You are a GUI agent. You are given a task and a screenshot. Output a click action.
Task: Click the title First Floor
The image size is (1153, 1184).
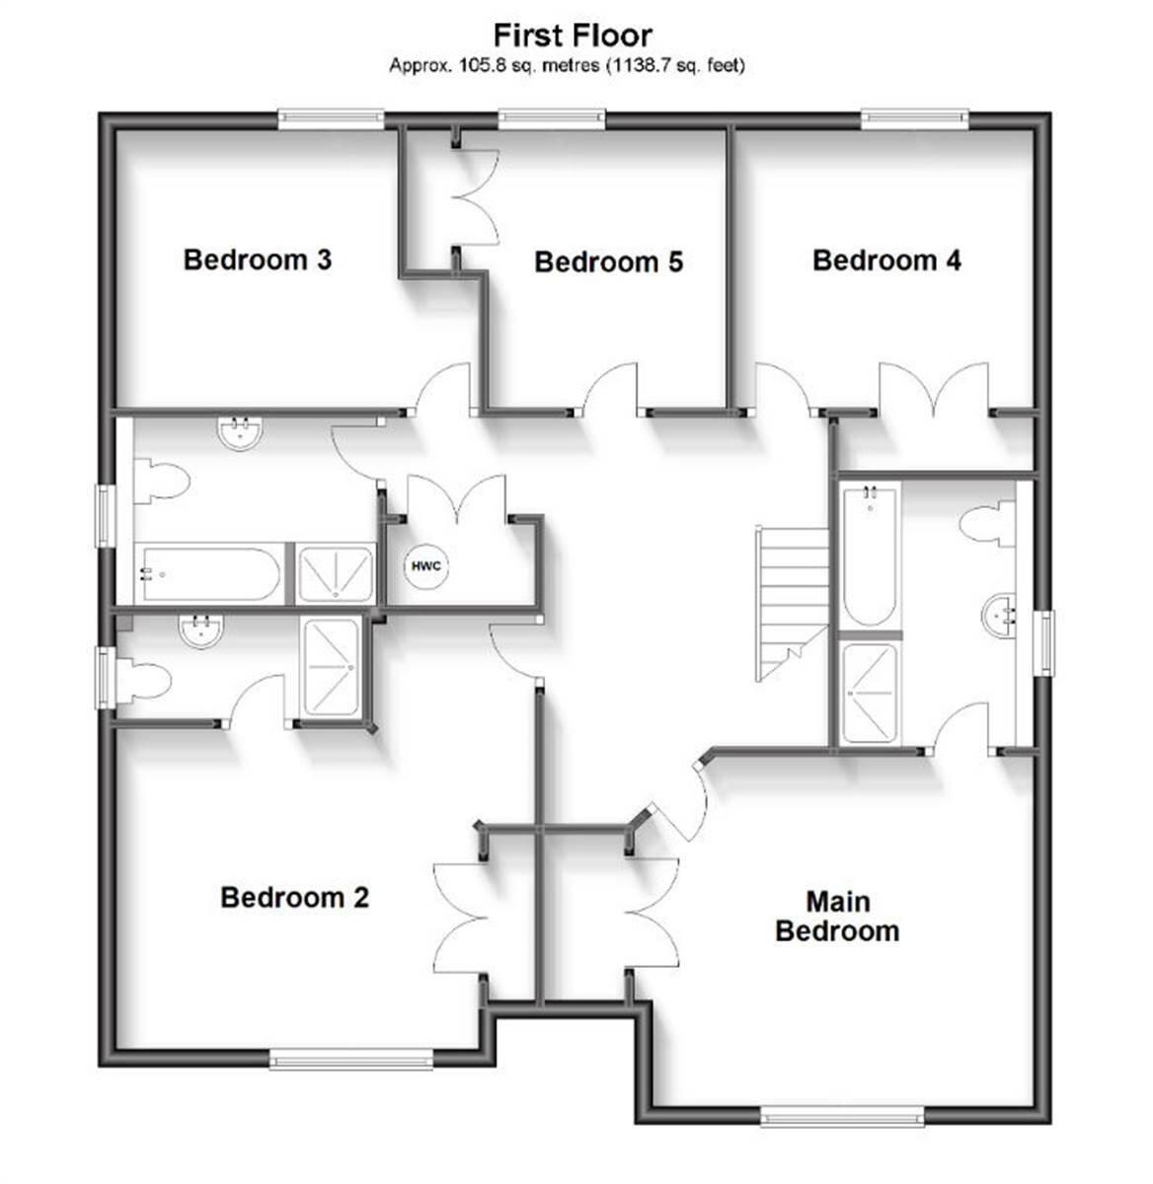pyautogui.click(x=573, y=36)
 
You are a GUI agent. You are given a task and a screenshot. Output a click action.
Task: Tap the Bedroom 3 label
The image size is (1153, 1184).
pyautogui.click(x=257, y=259)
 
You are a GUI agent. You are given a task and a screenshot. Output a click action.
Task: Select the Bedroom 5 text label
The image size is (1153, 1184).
pyautogui.click(x=608, y=261)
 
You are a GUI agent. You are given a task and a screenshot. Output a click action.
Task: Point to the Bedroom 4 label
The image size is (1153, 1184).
pyautogui.click(x=885, y=259)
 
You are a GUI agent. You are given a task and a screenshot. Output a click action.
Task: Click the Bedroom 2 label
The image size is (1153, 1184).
pyautogui.click(x=294, y=897)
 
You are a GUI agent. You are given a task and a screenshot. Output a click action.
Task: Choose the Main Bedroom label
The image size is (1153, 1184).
pyautogui.click(x=836, y=916)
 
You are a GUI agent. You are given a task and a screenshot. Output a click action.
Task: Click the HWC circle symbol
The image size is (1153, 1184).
pyautogui.click(x=426, y=566)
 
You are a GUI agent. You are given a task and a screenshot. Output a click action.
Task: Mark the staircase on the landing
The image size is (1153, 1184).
pyautogui.click(x=792, y=602)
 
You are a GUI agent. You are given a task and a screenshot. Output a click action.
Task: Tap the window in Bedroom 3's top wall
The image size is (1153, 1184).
pyautogui.click(x=331, y=118)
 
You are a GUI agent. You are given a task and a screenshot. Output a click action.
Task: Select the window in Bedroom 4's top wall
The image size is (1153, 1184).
pyautogui.click(x=914, y=118)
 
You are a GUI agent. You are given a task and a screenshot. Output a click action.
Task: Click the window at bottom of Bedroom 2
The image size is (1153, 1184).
pyautogui.click(x=351, y=1061)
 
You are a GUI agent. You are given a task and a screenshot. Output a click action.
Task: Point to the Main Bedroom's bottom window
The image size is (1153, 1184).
pyautogui.click(x=842, y=1116)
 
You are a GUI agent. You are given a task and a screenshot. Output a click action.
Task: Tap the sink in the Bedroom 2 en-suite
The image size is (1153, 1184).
pyautogui.click(x=201, y=630)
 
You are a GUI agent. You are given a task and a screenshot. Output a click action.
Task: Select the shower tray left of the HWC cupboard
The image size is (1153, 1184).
pyautogui.click(x=337, y=573)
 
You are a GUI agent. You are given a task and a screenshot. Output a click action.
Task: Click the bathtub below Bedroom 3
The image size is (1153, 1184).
pyautogui.click(x=209, y=574)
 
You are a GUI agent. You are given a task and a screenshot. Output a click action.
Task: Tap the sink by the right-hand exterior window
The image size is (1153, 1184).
pyautogui.click(x=1000, y=616)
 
